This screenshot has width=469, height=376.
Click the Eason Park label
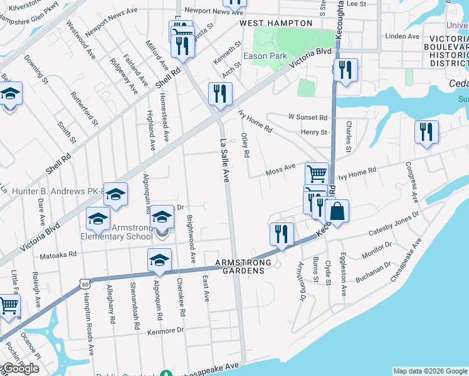coord(265,56)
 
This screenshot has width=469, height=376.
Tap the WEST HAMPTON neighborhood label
coord(276,23)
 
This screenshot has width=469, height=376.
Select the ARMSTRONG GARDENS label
coord(243,263)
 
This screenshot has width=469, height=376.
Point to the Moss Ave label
coord(280,168)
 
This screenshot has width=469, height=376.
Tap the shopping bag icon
coord(337,211)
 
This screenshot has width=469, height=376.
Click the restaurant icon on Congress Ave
coord(426,132)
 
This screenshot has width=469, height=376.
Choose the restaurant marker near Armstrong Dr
coord(282,233)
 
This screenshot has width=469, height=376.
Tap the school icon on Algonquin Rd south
coord(159,259)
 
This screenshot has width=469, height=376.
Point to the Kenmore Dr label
coord(166,330)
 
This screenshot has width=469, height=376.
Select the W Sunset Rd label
coord(308,117)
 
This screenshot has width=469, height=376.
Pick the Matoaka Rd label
coord(58,255)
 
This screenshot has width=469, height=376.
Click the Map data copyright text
coord(430,371)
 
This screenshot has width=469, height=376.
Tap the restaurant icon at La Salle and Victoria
coord(220,93)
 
